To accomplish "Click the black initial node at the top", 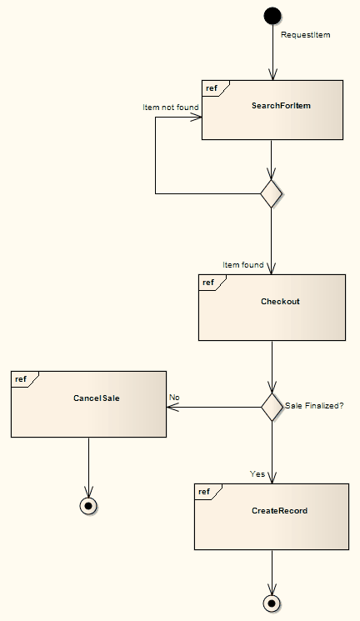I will click(x=272, y=15).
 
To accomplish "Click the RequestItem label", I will click(x=306, y=35).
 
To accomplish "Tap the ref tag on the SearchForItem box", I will click(x=213, y=88).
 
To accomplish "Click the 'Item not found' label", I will click(x=170, y=108).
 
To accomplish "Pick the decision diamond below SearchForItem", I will click(x=272, y=194).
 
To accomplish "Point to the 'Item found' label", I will click(x=243, y=265).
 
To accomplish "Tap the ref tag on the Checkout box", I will click(x=209, y=283).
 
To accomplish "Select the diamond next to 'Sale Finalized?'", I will click(x=272, y=407).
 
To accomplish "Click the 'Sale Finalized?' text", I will click(x=314, y=406).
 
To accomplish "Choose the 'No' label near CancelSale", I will click(x=174, y=398).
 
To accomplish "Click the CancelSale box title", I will click(x=97, y=398).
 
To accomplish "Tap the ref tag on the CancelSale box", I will click(x=22, y=379).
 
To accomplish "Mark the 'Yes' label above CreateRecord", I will click(x=257, y=473).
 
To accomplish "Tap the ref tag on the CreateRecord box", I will click(x=205, y=492).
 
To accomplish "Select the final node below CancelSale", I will click(x=88, y=506).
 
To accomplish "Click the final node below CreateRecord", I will click(x=272, y=603).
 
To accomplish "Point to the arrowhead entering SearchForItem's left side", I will click(x=197, y=117).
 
